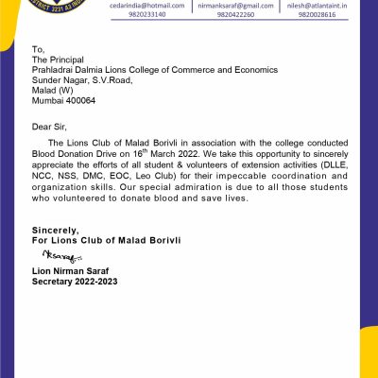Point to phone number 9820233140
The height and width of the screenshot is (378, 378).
(139, 15)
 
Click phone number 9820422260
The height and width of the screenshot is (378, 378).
(223, 15)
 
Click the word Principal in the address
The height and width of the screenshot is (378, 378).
(66, 59)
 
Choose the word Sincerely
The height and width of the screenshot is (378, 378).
(55, 230)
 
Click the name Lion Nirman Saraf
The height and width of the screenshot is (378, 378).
(71, 272)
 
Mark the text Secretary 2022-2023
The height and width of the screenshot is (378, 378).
(75, 282)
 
